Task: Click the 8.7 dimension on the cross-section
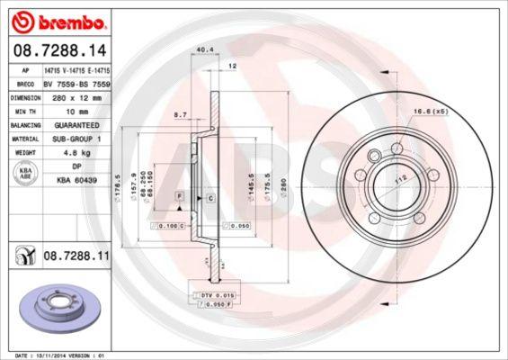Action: coord(181,115)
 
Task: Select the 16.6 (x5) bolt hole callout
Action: coord(430,111)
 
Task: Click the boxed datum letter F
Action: coord(180,195)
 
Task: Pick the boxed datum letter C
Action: coord(209,195)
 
